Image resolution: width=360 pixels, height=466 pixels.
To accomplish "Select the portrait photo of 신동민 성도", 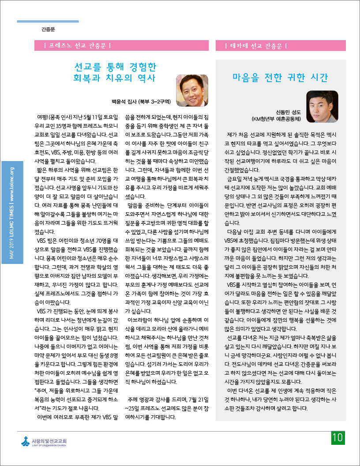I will (x=322, y=106).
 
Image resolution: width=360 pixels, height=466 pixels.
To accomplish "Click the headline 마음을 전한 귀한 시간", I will (x=281, y=78).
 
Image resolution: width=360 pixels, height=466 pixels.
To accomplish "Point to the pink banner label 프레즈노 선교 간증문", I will (x=78, y=45).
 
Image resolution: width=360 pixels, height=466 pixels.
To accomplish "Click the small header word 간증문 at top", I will (x=48, y=30).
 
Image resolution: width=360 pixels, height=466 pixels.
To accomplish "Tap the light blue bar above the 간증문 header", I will (x=48, y=21).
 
